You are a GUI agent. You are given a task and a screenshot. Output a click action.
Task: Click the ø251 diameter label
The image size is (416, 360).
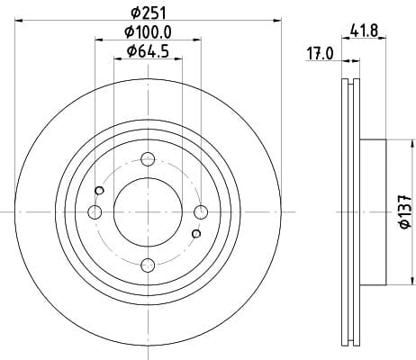pos(149,13)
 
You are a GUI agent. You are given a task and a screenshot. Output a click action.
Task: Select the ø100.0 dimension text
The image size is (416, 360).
pos(148,32)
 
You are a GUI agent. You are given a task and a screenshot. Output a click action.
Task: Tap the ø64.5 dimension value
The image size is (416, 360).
pos(148,51)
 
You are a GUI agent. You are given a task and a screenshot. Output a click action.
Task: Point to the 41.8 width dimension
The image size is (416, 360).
pos(364,31)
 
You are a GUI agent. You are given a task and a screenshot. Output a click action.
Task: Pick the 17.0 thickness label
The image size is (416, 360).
pos(320,54)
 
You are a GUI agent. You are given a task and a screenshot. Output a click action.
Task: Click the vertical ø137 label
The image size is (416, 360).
pos(405,211)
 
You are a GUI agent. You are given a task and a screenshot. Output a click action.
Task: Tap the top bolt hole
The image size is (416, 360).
pos(148,159)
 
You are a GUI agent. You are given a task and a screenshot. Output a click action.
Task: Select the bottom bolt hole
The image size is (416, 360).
pos(148,265)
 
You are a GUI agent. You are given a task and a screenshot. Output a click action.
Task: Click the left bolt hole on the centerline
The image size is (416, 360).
pos(95,212)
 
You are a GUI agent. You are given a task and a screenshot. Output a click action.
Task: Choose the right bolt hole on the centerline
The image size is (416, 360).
pos(201,212)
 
